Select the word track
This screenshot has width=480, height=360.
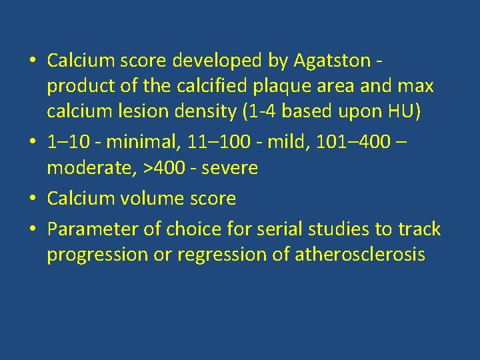tap(419, 229)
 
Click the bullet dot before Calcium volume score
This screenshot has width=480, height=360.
tap(33, 199)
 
